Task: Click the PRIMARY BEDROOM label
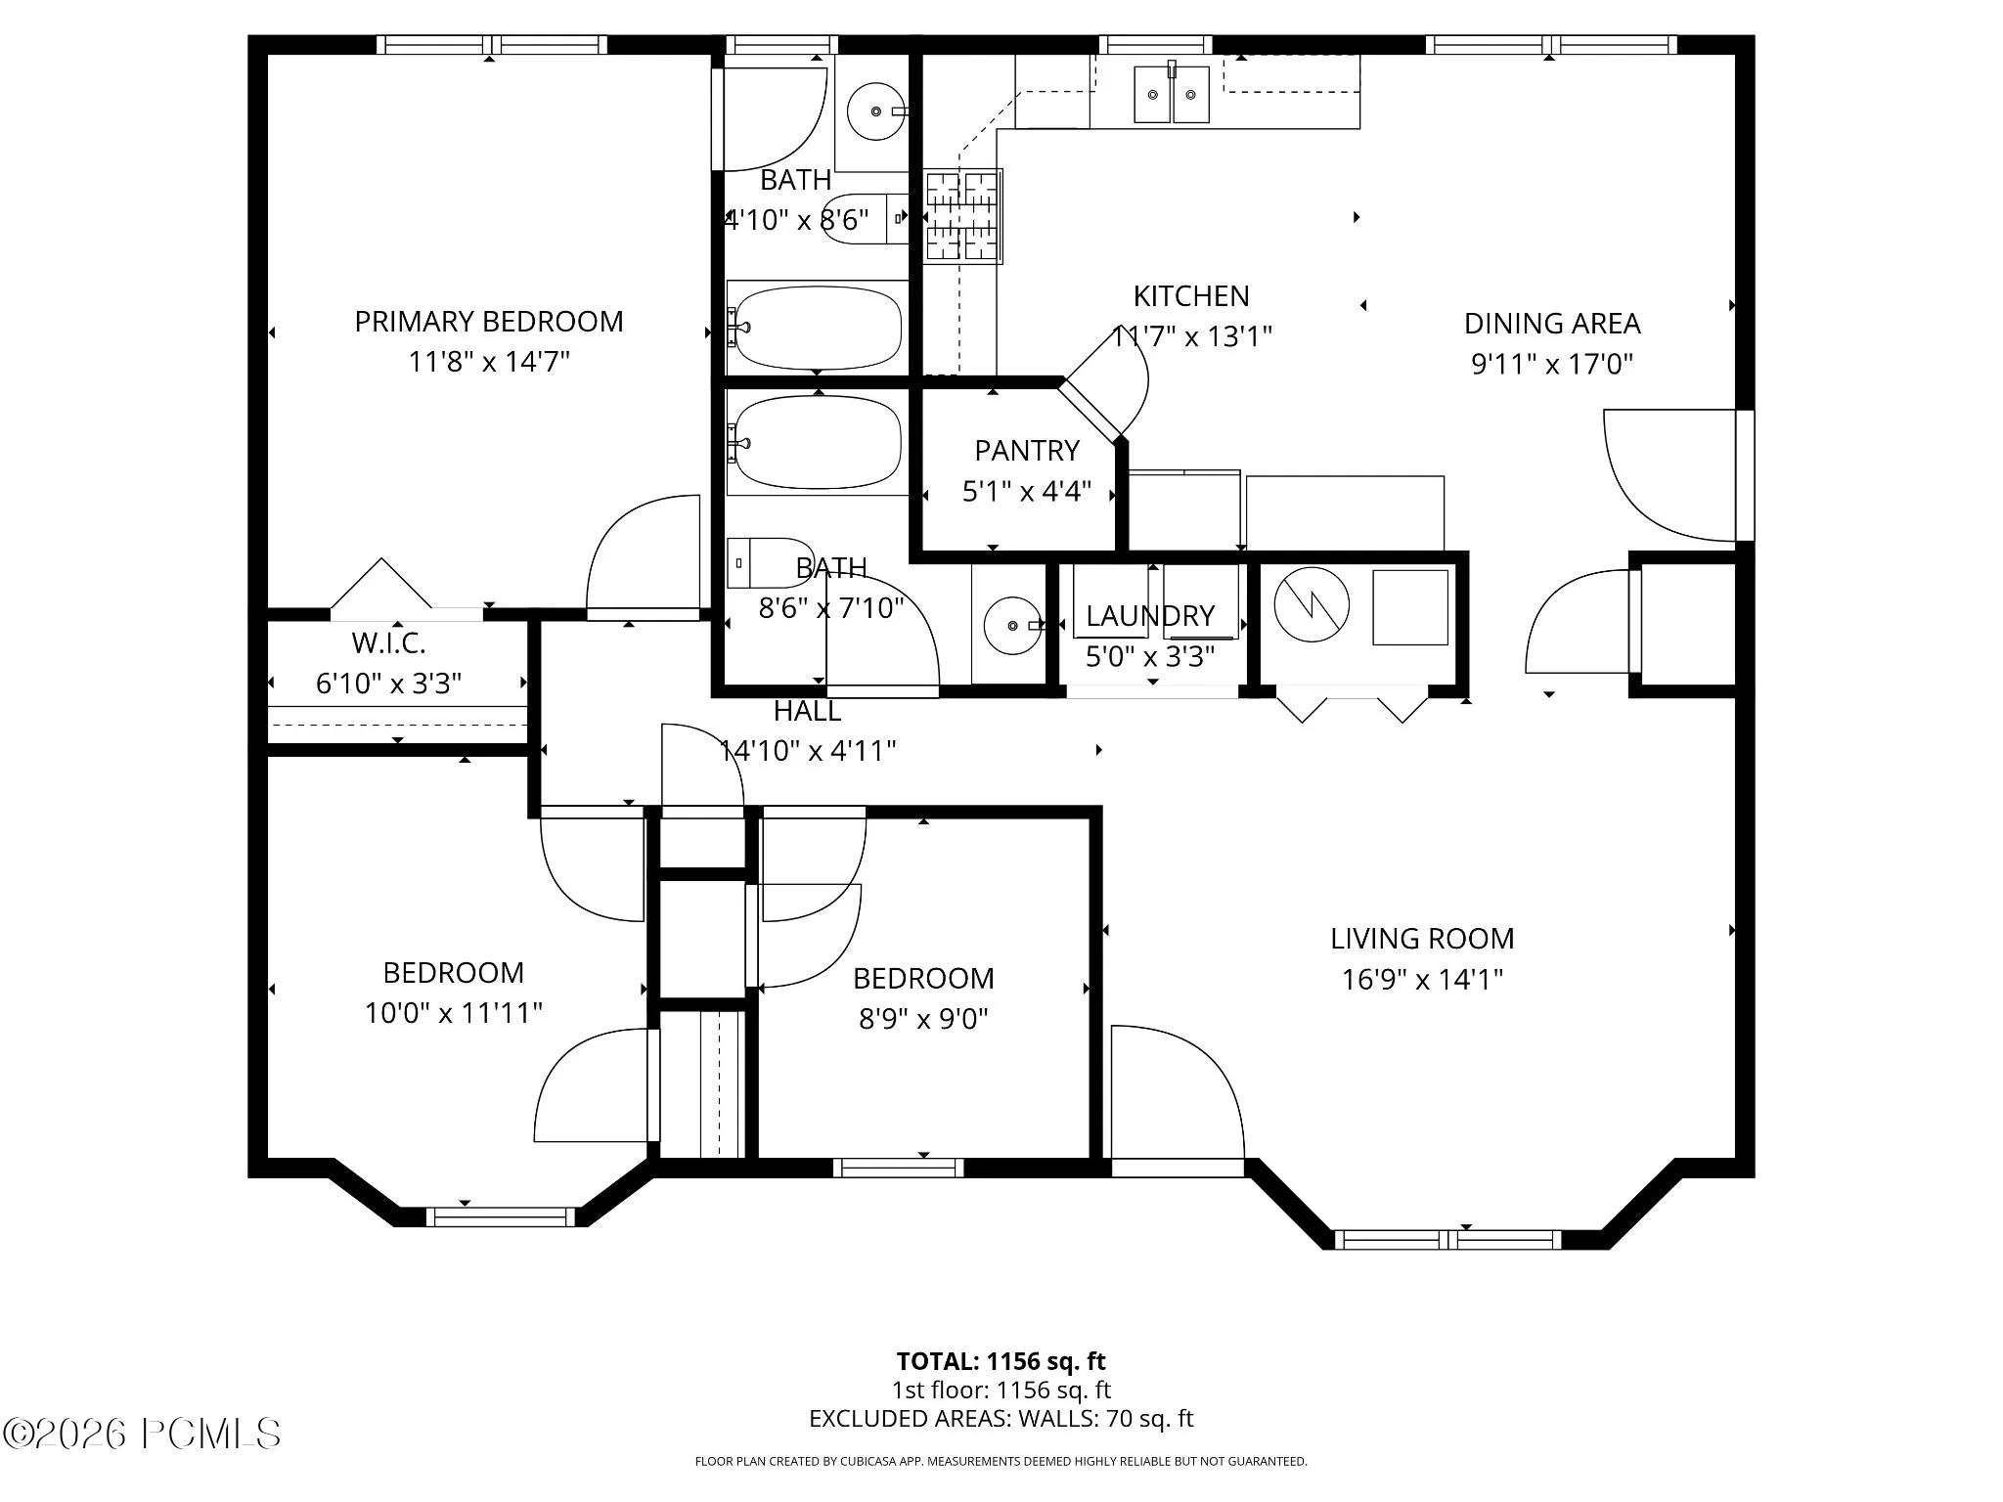click(x=489, y=322)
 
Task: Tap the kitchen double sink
click(x=1172, y=94)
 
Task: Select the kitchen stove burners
click(x=962, y=216)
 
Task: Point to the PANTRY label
click(x=1027, y=451)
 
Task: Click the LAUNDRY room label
click(x=1150, y=616)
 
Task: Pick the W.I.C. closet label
click(x=388, y=643)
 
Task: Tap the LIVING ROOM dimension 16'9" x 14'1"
click(x=1422, y=980)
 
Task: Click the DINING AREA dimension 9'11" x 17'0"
click(x=1552, y=365)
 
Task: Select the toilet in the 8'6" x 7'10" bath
click(x=771, y=562)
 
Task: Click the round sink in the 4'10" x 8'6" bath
click(x=875, y=111)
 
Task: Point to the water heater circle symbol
click(x=1312, y=605)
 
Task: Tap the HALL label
click(x=808, y=711)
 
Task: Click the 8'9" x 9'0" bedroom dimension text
click(x=923, y=1020)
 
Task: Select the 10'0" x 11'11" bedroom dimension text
click(x=454, y=1013)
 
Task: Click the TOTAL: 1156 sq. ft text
click(x=1001, y=1361)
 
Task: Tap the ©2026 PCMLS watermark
click(x=142, y=1435)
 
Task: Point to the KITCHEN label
click(x=1191, y=296)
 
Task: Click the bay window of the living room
click(x=1448, y=1240)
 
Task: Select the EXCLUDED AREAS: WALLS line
click(x=1001, y=1419)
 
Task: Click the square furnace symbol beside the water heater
click(x=1410, y=607)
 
